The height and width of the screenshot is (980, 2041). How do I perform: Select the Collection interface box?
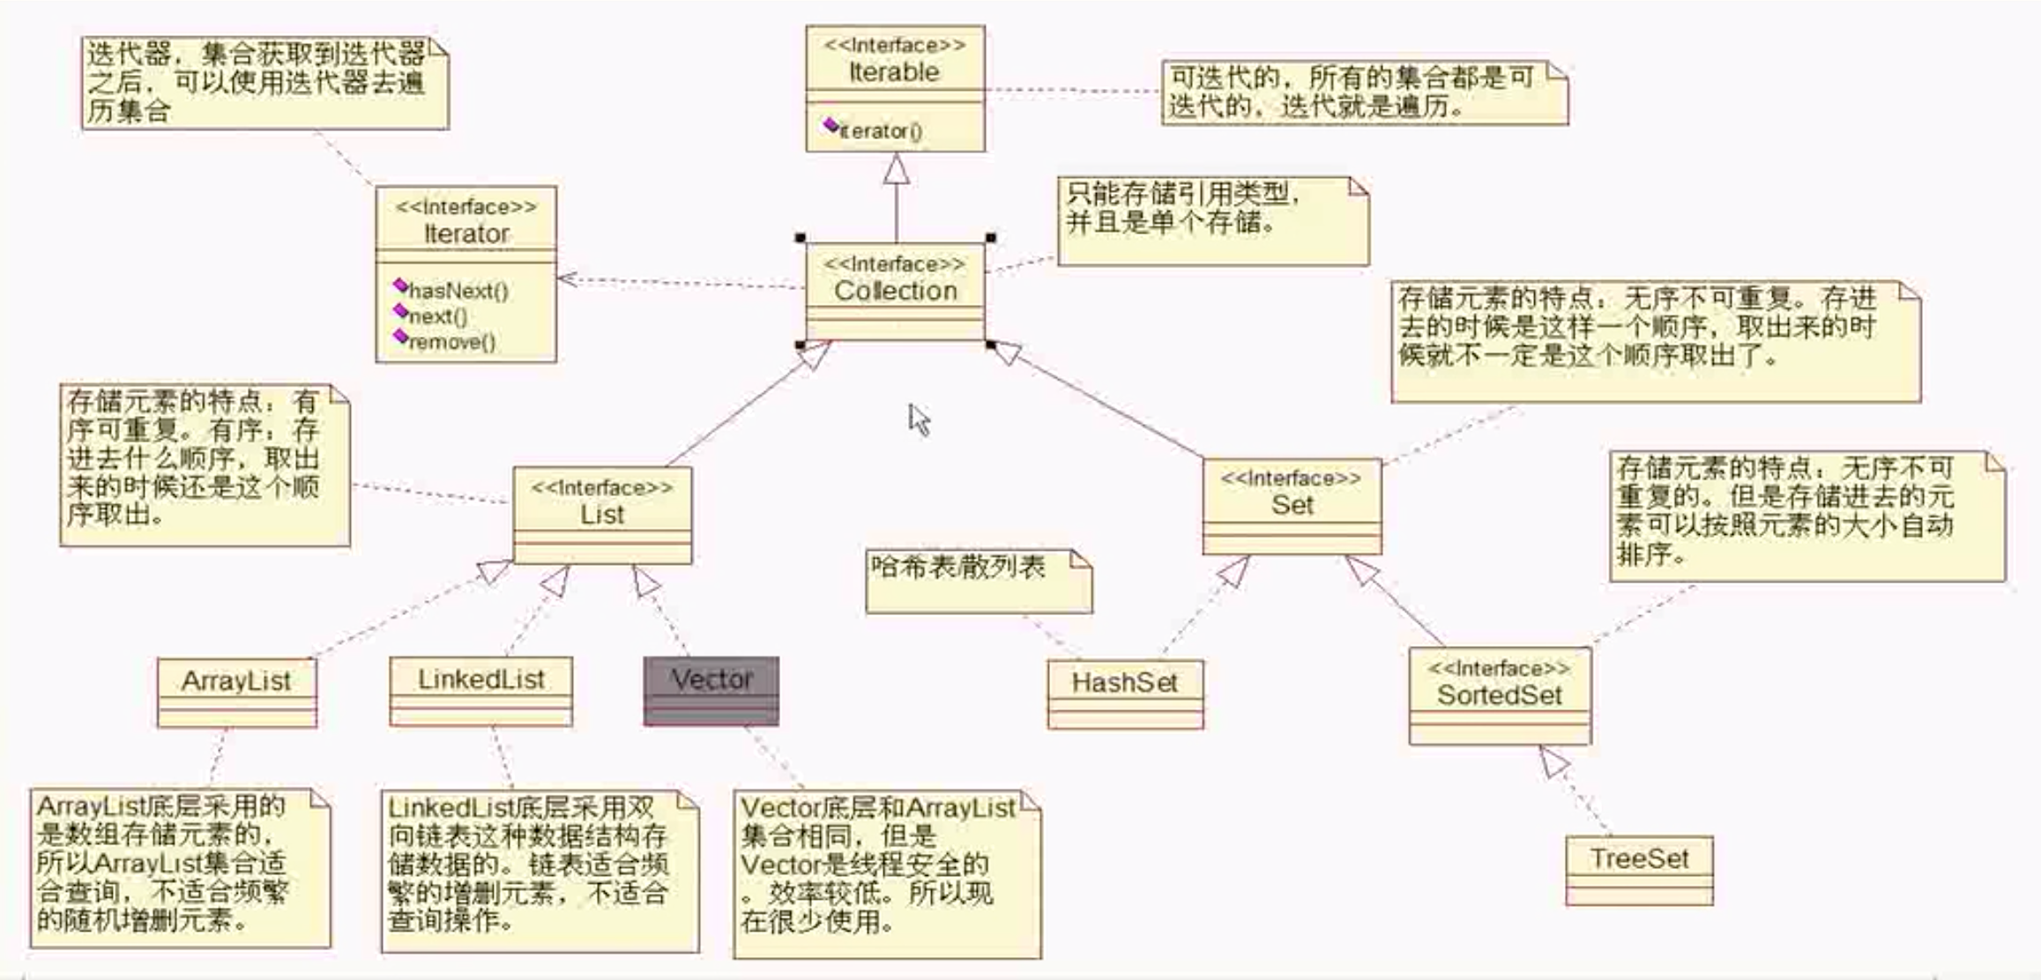pos(895,290)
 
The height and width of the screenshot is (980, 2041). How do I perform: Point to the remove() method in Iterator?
pos(451,342)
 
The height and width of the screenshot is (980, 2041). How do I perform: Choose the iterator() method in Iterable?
pos(880,131)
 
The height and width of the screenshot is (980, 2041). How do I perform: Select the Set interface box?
pos(1292,505)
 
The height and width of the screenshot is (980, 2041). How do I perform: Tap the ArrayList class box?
pos(236,691)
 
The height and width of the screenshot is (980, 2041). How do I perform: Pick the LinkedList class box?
pos(480,690)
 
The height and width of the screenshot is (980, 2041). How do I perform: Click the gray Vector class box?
pos(711,690)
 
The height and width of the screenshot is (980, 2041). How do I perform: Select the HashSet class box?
pos(1125,693)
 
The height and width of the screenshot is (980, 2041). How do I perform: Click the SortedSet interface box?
pos(1500,694)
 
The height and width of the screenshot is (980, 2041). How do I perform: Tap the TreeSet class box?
pos(1639,869)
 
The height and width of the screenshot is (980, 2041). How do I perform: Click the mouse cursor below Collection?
pos(919,419)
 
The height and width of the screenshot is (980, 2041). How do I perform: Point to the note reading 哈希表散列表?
pos(978,580)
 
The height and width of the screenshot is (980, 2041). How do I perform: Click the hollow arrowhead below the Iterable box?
pos(897,168)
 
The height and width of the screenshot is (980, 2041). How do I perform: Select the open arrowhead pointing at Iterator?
pos(568,279)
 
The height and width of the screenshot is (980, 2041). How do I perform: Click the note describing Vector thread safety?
pos(886,872)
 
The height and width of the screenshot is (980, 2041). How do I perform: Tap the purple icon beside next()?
pos(400,311)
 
